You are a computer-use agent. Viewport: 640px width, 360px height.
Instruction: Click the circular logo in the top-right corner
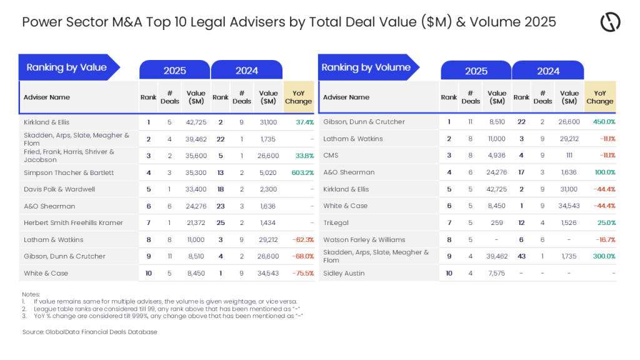tap(610, 22)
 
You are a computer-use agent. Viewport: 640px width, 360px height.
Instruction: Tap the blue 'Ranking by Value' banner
tap(67, 67)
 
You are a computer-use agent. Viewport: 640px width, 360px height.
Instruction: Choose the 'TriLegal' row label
tap(336, 222)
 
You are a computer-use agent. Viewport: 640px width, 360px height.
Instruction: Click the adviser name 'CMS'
tap(331, 156)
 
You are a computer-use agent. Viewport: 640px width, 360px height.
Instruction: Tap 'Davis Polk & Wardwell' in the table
tap(56, 189)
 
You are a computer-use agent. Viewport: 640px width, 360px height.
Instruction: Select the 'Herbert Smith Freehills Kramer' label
tap(73, 223)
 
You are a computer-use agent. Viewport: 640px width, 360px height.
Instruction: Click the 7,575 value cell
tap(497, 273)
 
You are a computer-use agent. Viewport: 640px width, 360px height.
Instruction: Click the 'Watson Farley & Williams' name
tap(364, 239)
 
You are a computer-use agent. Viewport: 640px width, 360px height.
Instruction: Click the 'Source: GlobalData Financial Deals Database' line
tap(89, 332)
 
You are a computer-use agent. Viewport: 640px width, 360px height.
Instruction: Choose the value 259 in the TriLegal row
tap(497, 222)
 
